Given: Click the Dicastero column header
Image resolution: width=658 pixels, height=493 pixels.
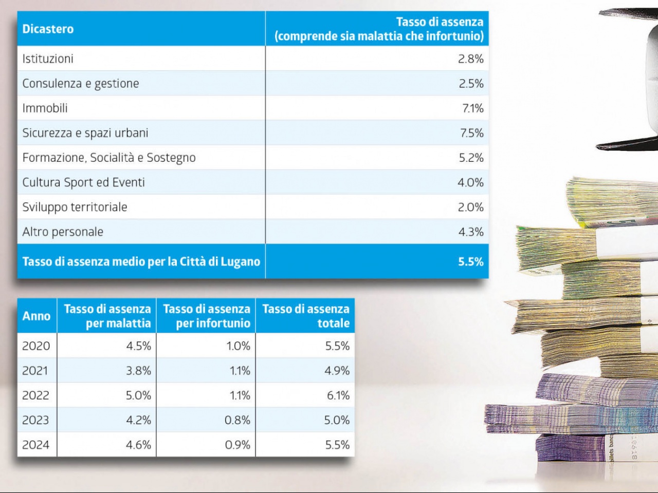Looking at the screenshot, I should point(48,29).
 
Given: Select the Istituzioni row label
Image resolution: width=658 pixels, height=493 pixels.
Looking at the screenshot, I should point(48,59).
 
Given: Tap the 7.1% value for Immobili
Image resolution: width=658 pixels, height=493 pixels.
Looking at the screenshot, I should point(472,108).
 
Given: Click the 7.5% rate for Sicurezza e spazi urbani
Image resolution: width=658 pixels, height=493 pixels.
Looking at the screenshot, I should point(471,133).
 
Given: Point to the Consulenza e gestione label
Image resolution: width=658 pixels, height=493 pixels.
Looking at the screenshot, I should point(81,83).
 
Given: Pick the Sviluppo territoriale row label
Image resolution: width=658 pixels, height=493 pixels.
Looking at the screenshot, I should point(75,207).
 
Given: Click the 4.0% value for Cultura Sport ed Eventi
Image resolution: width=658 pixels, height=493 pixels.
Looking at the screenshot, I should point(470,182).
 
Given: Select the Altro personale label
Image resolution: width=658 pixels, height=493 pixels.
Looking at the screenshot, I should point(63,232).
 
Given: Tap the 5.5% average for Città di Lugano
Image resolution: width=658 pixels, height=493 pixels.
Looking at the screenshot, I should point(470,261).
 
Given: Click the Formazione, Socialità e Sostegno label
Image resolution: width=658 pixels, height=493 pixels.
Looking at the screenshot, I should point(109,158).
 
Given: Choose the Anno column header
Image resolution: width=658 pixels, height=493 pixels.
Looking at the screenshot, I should point(36,316).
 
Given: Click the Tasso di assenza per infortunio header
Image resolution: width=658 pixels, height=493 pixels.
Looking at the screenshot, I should point(207,316).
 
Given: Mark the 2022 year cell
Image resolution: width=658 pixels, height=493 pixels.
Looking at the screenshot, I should point(35,395).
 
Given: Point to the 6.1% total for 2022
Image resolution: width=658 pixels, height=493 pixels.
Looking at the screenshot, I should point(338,395).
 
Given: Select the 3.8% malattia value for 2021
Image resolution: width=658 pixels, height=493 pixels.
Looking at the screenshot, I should point(138,371).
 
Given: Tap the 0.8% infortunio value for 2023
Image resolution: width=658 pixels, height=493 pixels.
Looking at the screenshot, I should point(237,420).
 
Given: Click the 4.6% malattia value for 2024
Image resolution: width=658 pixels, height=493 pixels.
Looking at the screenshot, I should point(138,445).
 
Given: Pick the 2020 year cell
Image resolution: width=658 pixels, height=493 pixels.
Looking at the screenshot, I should point(36,346).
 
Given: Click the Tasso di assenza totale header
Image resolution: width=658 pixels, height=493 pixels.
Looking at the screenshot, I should point(306,316).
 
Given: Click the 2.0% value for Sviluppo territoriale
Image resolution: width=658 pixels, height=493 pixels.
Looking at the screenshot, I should point(470,207).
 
